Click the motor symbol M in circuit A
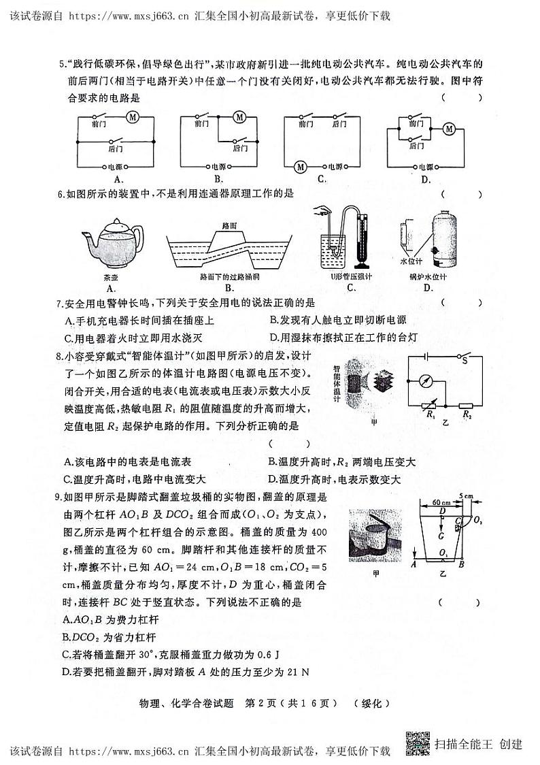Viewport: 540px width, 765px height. coord(133,117)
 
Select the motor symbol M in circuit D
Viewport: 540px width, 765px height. coord(449,129)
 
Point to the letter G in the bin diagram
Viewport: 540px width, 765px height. coord(441,536)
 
